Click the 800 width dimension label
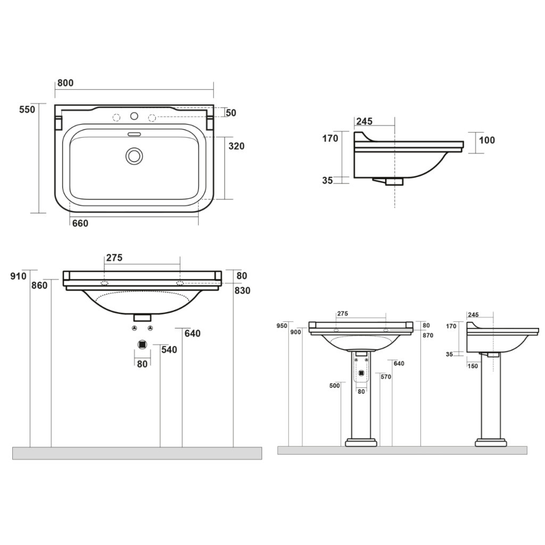[x=65, y=83]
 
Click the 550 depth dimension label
[x=27, y=110]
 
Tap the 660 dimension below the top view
[x=80, y=223]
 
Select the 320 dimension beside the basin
[x=236, y=146]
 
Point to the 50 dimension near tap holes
[x=231, y=113]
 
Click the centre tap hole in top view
[x=134, y=116]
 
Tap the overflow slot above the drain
[x=134, y=134]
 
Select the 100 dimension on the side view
[x=486, y=140]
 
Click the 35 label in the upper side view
[x=327, y=181]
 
